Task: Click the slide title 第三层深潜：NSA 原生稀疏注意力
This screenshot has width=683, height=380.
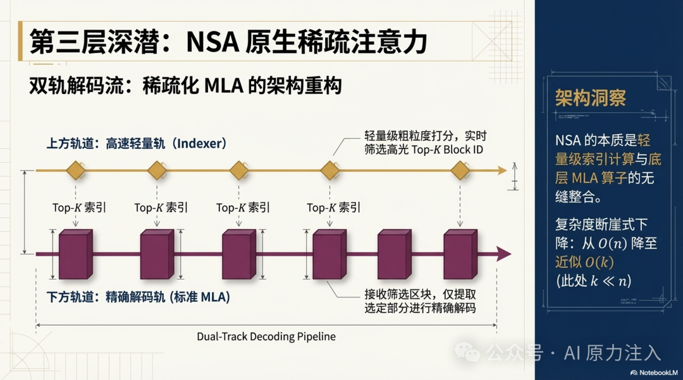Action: click(228, 42)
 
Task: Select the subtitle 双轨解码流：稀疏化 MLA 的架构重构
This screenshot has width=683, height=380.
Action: click(185, 85)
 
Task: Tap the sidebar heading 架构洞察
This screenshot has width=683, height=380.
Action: click(590, 98)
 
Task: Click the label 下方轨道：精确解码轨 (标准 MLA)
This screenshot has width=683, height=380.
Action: click(138, 297)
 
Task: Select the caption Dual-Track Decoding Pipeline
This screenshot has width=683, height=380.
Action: click(266, 336)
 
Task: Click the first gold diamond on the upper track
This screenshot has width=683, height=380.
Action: click(76, 170)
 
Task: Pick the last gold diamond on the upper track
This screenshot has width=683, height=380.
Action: click(460, 170)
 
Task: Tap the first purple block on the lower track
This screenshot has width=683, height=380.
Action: click(75, 254)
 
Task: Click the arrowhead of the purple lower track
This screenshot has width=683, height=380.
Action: click(503, 254)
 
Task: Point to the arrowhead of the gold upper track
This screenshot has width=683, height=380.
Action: click(502, 170)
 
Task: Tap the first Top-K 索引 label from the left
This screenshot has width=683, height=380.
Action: click(79, 208)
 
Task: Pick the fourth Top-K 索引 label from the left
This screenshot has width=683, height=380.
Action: click(333, 208)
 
